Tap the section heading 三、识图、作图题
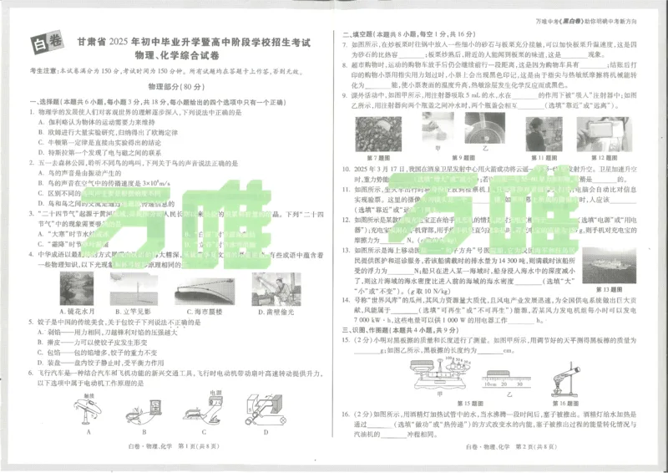click(377, 329)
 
